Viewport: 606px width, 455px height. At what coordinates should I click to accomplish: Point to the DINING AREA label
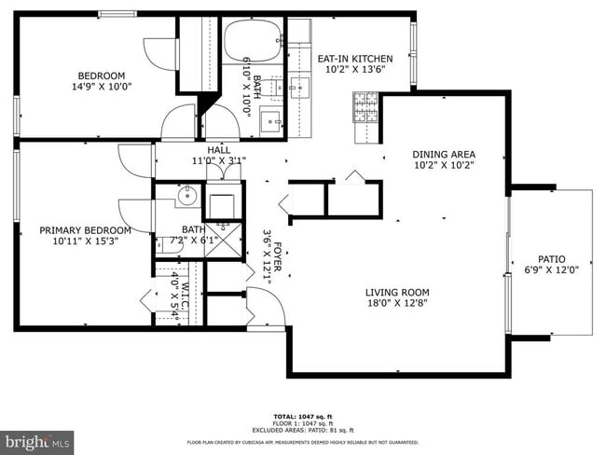(x=444, y=154)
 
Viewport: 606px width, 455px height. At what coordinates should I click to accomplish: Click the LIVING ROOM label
(x=396, y=292)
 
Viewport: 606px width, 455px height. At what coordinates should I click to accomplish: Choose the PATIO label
(x=551, y=259)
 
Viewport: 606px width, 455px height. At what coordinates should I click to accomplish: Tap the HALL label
(x=219, y=149)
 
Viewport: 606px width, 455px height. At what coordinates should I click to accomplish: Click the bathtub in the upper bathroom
(x=252, y=39)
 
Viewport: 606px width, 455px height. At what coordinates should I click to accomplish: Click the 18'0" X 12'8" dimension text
(x=396, y=304)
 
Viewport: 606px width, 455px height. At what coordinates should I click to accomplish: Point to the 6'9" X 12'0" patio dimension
(x=551, y=271)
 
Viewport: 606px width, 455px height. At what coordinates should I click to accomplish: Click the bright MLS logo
(x=37, y=439)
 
